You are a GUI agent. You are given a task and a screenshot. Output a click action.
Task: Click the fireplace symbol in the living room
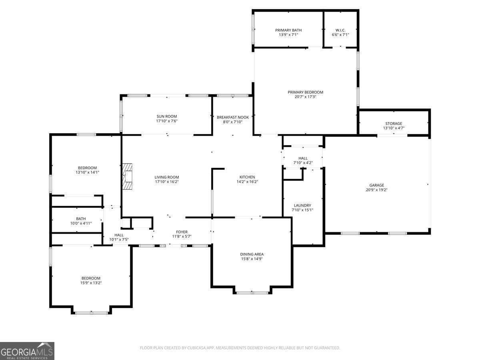click(128, 176)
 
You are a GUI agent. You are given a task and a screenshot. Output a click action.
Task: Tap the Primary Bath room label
click(288, 30)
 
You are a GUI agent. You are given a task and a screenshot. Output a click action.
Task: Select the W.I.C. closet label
click(340, 30)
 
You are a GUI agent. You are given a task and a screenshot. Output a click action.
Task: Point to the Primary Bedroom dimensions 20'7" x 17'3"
click(306, 97)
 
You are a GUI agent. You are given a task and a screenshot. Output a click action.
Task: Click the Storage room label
click(394, 124)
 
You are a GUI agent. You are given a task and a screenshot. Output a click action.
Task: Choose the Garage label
click(376, 185)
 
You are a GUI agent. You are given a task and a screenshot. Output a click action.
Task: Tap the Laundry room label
click(303, 206)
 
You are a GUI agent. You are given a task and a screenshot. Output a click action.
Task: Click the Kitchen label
click(247, 177)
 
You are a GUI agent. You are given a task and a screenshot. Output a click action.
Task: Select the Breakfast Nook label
click(233, 117)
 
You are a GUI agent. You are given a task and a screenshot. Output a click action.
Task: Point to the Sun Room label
click(167, 116)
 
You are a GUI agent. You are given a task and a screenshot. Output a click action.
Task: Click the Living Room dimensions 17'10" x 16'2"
click(167, 182)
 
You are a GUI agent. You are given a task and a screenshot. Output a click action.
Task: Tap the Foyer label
click(182, 232)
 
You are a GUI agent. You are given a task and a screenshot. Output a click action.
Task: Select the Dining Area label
click(252, 254)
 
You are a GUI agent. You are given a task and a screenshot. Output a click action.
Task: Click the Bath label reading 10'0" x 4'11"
click(81, 223)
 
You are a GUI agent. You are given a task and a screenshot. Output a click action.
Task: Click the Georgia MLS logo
click(27, 351)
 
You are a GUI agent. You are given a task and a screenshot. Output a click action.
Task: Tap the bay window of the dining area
click(252, 292)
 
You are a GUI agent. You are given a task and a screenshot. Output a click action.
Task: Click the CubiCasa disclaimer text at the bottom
click(240, 348)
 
